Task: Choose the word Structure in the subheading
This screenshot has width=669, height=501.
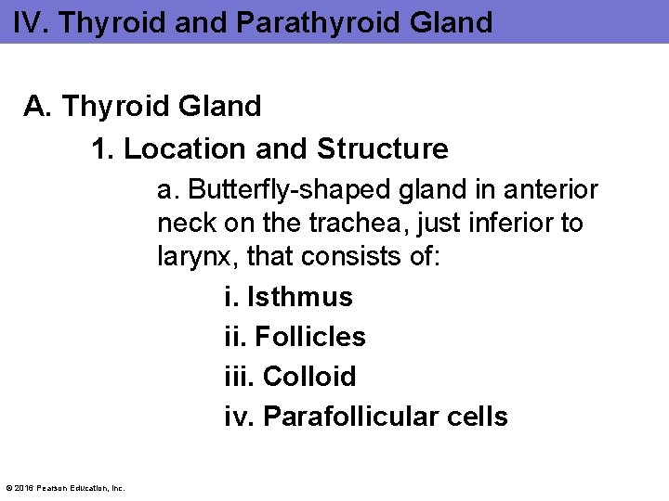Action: pos(383,148)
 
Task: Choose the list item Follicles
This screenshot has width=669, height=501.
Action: pos(310,337)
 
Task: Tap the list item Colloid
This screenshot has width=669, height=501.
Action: pos(309,377)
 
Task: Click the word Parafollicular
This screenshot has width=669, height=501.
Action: pos(356,417)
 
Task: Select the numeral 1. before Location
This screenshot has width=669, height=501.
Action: pos(102,148)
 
